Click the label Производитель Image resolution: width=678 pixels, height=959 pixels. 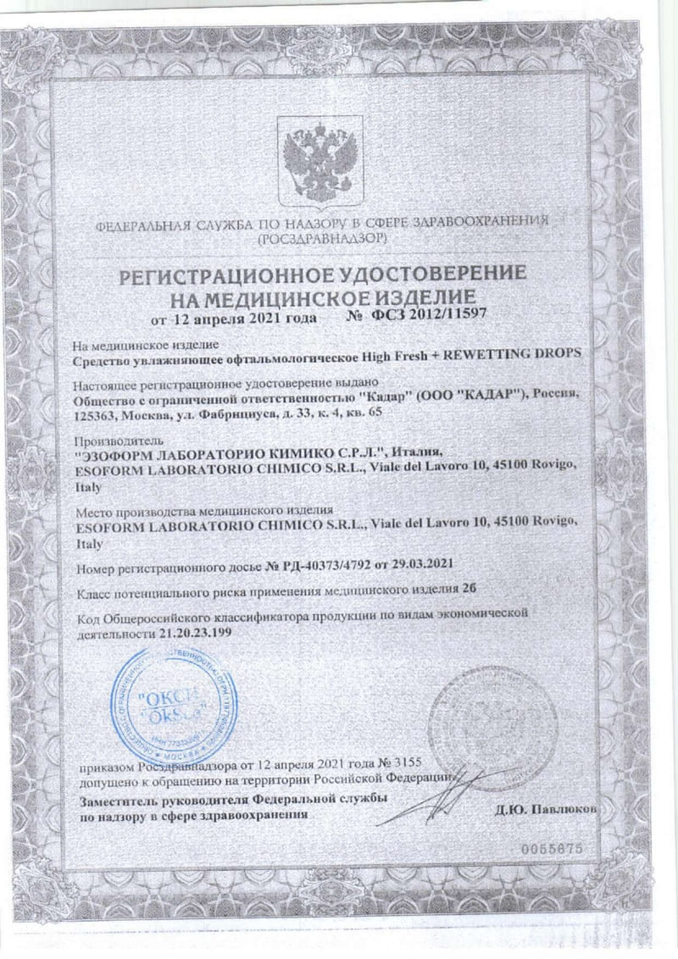click(110, 442)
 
